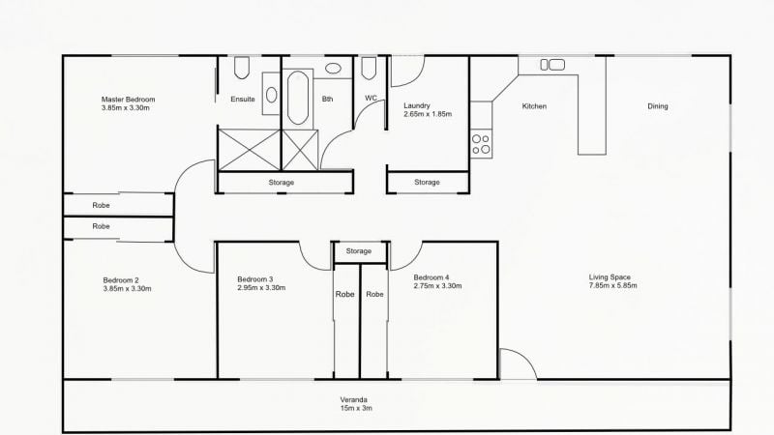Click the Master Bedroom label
[129, 99]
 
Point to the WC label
[371, 99]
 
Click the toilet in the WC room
[369, 69]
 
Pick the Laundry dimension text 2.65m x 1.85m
[428, 114]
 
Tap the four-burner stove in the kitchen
[481, 144]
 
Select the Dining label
[657, 106]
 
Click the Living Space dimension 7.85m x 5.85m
[613, 286]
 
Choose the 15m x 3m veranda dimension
[355, 409]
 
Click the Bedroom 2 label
[122, 280]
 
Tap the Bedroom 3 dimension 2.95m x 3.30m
[261, 288]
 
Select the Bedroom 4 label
[432, 278]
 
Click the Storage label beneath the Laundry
[427, 182]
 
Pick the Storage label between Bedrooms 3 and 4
[359, 251]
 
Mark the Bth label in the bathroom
[328, 99]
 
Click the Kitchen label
[535, 106]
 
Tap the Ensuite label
[243, 99]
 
